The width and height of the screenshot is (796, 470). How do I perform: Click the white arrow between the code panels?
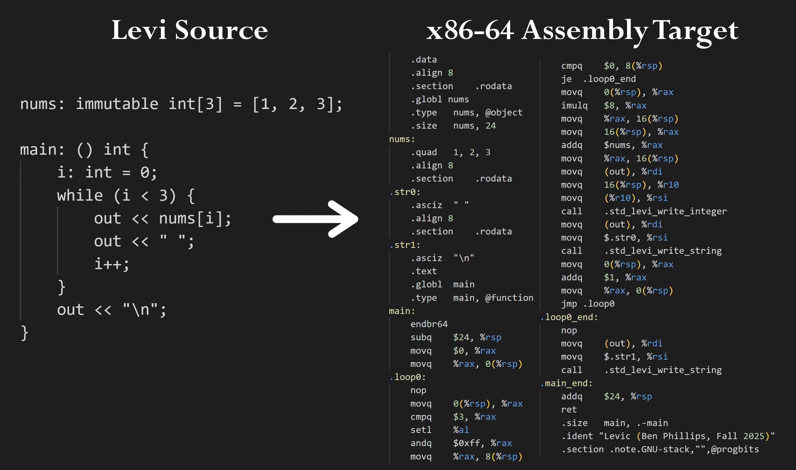[315, 219]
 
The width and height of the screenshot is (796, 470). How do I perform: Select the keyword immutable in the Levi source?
[117, 104]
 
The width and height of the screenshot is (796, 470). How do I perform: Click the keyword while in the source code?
[80, 196]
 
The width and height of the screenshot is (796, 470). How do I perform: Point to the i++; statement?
[111, 264]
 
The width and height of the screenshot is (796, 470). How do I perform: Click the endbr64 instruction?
[429, 324]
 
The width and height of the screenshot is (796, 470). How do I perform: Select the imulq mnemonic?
[574, 106]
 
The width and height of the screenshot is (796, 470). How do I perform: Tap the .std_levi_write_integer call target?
[665, 211]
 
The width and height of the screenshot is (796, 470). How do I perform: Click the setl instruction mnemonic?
[421, 430]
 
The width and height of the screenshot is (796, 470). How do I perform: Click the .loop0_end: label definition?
[569, 317]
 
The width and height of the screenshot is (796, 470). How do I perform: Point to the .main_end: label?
[566, 383]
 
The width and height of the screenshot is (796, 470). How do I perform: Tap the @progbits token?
[735, 449]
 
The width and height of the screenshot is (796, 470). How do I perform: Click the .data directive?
[424, 60]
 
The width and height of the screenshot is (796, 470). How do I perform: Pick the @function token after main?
[509, 298]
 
